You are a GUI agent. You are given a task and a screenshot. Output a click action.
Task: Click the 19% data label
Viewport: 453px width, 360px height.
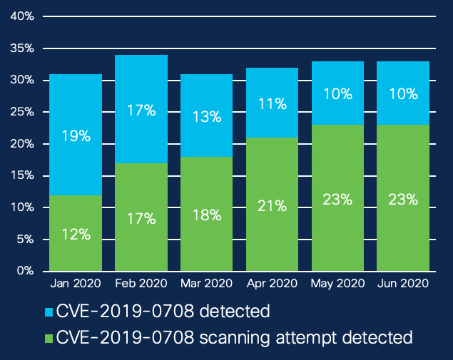pyautogui.click(x=76, y=136)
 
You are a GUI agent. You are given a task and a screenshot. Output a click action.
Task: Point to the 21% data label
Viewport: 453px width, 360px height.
pyautogui.click(x=272, y=206)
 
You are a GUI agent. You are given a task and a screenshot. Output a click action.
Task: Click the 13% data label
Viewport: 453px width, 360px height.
pyautogui.click(x=206, y=116)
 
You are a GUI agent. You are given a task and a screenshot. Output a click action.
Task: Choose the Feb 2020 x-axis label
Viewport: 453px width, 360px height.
pyautogui.click(x=141, y=284)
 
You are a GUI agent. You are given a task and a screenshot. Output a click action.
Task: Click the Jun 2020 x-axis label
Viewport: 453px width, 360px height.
pyautogui.click(x=402, y=284)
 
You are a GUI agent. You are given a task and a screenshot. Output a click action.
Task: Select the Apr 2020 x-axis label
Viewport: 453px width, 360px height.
pyautogui.click(x=272, y=284)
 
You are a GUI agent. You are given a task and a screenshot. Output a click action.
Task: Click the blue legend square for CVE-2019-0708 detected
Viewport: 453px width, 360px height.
pyautogui.click(x=49, y=312)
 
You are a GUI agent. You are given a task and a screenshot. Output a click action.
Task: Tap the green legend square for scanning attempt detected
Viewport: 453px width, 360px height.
pyautogui.click(x=49, y=336)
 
